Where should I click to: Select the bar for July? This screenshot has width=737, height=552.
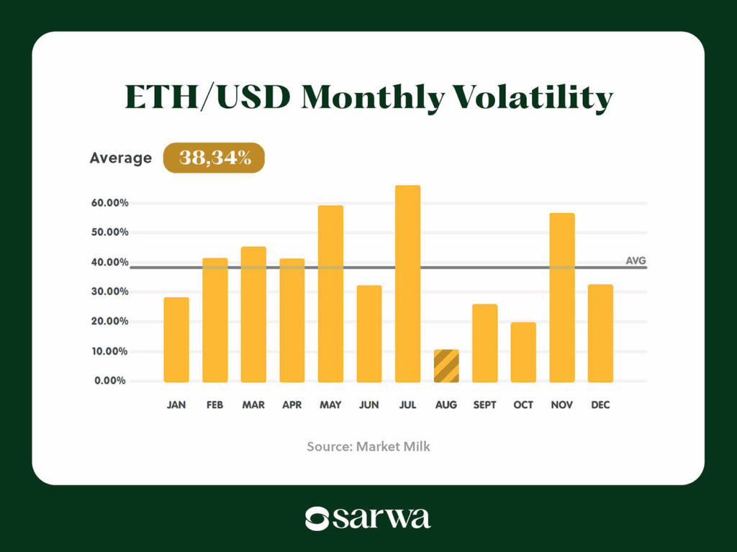407,284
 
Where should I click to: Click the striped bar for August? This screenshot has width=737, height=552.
446,366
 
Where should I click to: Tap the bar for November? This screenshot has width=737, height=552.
562,297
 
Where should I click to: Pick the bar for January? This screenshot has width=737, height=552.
176,340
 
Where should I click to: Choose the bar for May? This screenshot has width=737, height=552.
330,294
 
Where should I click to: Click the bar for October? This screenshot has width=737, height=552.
523,352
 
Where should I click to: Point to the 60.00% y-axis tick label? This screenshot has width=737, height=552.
111,203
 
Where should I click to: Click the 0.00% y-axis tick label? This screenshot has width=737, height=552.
111,381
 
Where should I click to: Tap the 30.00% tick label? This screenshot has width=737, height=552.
111,291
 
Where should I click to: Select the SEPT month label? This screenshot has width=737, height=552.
484,405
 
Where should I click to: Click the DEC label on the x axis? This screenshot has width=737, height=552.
600,405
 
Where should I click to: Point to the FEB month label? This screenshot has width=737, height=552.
214,405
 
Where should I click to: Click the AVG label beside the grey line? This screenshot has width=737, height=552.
636,261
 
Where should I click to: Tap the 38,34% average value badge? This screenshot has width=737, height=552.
214,158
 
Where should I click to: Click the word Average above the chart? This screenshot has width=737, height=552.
121,158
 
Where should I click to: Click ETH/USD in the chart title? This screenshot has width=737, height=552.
209,98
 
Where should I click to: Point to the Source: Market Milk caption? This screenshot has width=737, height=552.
368,446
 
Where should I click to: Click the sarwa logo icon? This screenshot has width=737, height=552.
317,518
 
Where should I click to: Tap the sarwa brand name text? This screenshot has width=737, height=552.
381,518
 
